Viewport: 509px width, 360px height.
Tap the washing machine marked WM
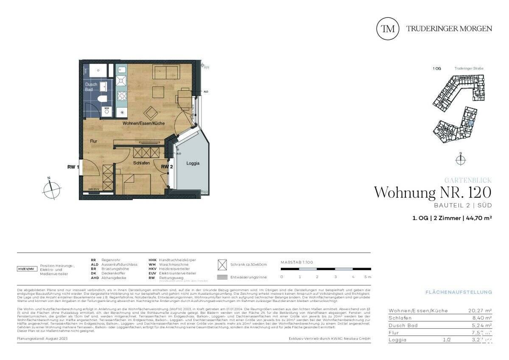pos(106,109)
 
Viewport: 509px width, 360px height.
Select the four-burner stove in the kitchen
pos(122,96)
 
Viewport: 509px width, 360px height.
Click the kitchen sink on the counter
pos(121,79)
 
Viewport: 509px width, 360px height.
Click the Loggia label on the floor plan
pos(193,163)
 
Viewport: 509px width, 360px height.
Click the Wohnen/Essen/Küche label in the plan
pos(144,123)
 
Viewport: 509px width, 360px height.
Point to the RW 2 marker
pos(166,167)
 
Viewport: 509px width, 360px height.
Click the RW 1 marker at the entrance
pos(73,167)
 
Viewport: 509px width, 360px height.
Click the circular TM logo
pos(388,28)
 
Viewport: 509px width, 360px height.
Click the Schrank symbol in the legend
pos(222,265)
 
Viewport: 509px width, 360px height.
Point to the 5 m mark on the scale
pos(368,277)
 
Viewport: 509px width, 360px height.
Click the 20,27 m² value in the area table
pos(477,311)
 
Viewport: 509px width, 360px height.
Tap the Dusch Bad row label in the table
pos(403,325)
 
